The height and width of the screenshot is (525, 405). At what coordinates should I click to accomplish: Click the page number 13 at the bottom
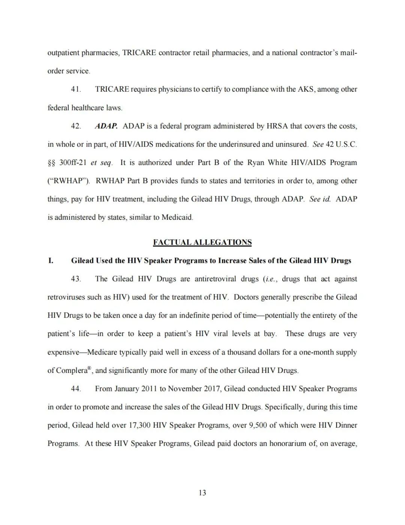(202, 493)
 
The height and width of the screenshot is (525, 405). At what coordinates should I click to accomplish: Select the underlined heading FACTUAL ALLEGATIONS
(202, 242)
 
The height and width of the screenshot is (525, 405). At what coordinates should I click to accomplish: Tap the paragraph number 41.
(76, 89)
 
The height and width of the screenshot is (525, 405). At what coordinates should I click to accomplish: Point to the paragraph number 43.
(76, 279)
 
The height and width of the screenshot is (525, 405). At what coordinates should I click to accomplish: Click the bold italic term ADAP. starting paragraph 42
(106, 126)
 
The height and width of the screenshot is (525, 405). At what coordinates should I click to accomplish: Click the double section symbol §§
(51, 163)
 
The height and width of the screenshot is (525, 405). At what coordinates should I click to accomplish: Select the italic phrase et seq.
(101, 163)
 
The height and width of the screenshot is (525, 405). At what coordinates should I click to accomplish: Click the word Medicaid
(177, 217)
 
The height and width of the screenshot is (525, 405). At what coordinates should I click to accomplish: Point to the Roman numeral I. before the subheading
(51, 261)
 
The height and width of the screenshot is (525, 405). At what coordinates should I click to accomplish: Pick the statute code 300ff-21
(73, 163)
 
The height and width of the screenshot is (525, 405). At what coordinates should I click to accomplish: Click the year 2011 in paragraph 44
(149, 389)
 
